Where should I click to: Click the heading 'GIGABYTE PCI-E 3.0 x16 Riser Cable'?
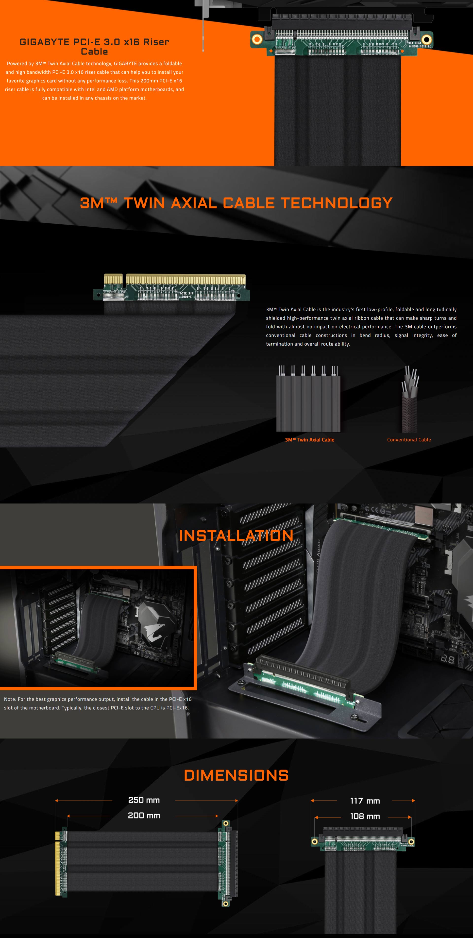[94, 47]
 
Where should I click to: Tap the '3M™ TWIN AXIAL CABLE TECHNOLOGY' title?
[236, 203]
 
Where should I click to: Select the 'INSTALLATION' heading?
[236, 535]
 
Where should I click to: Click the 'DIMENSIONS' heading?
[236, 775]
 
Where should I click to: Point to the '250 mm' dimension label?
[144, 800]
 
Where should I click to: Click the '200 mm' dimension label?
[144, 815]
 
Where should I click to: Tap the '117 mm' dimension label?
[365, 801]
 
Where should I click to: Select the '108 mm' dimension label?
[365, 816]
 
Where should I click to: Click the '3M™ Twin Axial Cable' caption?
[309, 439]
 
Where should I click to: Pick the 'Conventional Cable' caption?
[409, 439]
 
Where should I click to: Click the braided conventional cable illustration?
[410, 399]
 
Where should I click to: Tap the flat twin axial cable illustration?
[308, 399]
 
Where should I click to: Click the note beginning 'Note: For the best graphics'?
[98, 703]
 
